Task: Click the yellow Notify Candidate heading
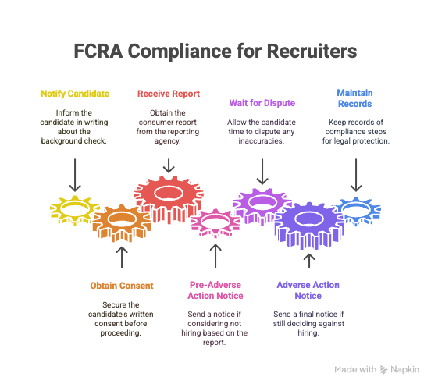coord(75,94)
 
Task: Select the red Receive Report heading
coord(169,94)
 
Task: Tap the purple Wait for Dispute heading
coord(262,103)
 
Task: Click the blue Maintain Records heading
coord(354,98)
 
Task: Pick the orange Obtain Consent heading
coord(122,286)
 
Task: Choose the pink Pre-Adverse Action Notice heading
coord(215,290)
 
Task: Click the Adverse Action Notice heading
coord(308,290)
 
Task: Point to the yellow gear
coord(75,210)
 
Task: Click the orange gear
coord(122,223)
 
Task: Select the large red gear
coord(169,200)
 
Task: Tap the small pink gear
coord(215,223)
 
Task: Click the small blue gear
coord(356,211)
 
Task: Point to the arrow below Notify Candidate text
coord(75,175)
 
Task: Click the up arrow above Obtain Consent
coord(122,257)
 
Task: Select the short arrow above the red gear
coord(169,165)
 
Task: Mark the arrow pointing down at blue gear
coord(356,175)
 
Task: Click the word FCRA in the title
coord(98,51)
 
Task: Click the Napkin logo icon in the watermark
coord(383,370)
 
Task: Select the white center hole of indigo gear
coord(309,219)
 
